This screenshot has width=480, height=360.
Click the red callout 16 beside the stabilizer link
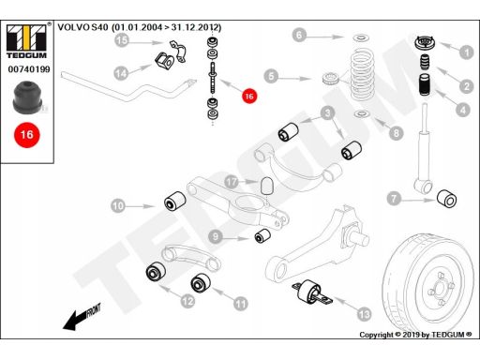coord(249,96)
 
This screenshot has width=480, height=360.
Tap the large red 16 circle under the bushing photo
coord(27,135)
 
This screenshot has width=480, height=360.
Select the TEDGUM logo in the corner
coord(26,41)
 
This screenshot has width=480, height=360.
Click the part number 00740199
coord(29,69)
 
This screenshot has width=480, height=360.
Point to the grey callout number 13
coord(364,314)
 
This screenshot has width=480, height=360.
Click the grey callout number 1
coord(467,52)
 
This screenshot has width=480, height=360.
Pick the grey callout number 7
coord(394,198)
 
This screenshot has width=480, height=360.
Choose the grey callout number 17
coord(232,182)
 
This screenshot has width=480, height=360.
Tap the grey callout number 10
coord(118,206)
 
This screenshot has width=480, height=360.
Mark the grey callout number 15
coord(122,40)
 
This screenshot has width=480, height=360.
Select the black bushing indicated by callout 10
coord(175,201)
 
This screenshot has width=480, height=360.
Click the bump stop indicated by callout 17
coord(266,186)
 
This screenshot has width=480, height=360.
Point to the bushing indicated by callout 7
coord(446,199)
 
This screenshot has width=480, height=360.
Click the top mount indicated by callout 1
coord(425,43)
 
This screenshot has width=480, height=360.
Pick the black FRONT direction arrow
coord(82,317)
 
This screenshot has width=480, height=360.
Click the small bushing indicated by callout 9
coord(262,236)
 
